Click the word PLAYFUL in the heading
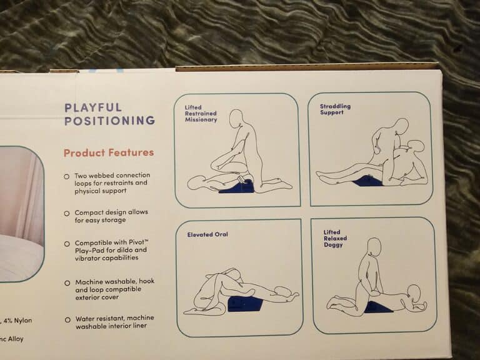coord(93,107)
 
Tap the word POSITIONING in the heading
coord(109,120)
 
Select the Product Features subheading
coord(109,152)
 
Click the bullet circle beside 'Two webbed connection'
coord(67,177)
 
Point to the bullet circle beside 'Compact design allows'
coord(67,213)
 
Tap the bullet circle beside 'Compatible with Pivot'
coord(67,244)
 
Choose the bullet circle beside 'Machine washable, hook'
coord(67,283)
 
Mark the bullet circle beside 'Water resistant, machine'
coord(67,320)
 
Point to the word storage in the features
coord(114,221)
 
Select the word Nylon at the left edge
coord(23,321)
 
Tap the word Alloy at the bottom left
coord(16,339)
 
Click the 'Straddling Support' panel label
coord(335,109)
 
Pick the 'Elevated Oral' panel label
coord(207,234)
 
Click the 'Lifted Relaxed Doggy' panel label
coord(335,239)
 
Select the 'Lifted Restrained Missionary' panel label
coord(201,114)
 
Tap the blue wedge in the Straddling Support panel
coord(367,181)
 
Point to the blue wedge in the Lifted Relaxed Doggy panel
coord(379,307)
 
